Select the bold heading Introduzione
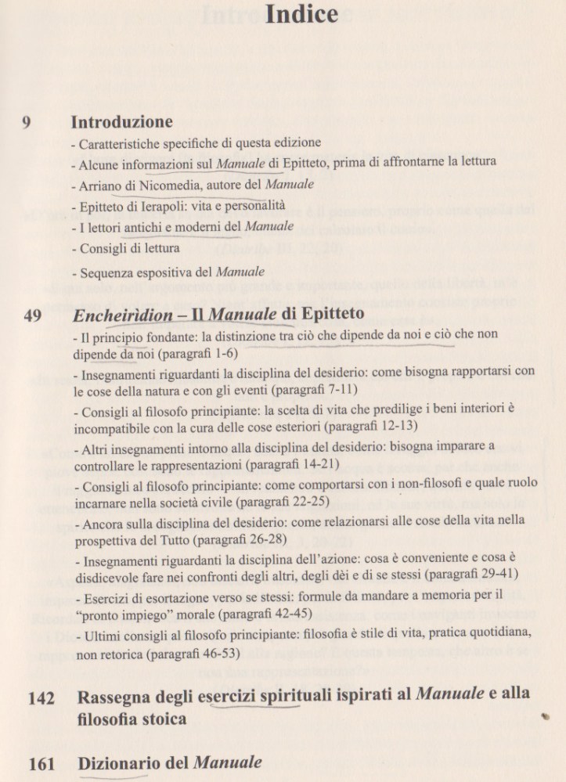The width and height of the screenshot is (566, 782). coord(122,123)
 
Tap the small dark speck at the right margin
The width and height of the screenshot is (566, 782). coord(545,715)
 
